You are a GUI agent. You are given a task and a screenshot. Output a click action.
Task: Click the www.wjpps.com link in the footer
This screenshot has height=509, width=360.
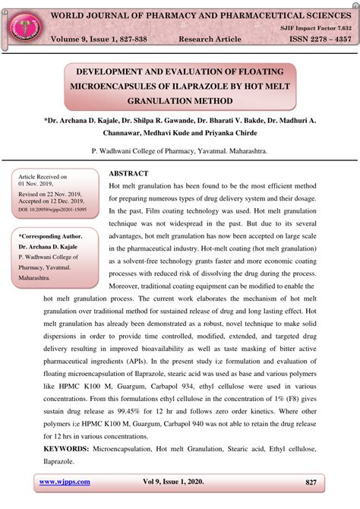coord(65,482)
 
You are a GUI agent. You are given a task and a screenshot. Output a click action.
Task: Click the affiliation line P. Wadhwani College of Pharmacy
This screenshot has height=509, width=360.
coord(179,152)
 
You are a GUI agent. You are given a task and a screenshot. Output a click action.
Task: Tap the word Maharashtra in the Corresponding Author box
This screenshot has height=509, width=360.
coord(35,278)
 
